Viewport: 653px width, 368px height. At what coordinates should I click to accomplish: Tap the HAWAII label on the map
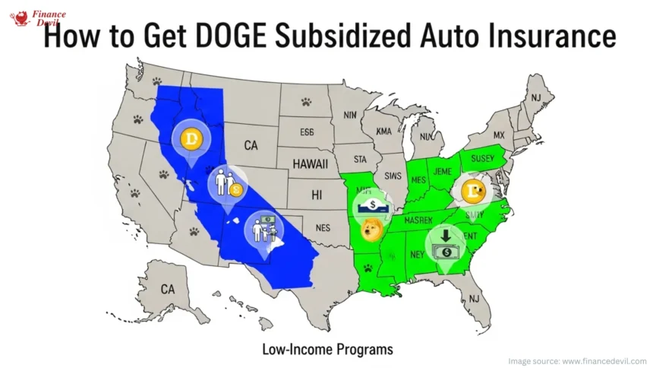(311, 164)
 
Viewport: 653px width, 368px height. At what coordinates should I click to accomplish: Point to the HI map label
(317, 195)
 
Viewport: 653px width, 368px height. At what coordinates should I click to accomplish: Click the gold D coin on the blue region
(189, 139)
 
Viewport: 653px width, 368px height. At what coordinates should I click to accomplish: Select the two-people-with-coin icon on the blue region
(226, 183)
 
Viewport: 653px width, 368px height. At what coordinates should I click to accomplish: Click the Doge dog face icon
(371, 229)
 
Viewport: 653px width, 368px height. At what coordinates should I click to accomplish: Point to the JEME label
(442, 172)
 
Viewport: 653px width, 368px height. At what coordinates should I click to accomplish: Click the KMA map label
(384, 132)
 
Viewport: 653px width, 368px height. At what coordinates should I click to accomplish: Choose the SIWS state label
(393, 176)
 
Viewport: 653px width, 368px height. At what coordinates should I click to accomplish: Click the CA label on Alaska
(168, 289)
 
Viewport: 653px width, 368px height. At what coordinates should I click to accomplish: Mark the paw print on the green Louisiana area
(368, 268)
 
